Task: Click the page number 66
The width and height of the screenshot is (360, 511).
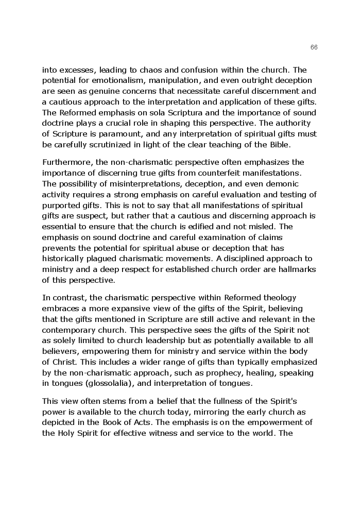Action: point(314,47)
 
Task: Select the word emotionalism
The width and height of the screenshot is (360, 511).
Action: point(109,80)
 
